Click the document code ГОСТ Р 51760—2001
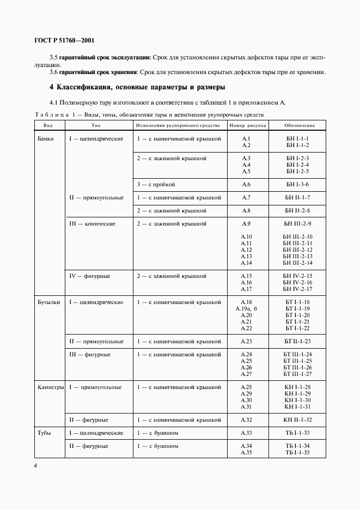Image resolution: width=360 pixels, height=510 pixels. tap(65, 40)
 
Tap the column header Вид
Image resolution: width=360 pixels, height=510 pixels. tap(44, 125)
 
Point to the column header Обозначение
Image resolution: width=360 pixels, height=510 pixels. tap(299, 125)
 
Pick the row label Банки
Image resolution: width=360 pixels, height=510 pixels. tap(46, 138)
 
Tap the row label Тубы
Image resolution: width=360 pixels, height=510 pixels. tap(45, 433)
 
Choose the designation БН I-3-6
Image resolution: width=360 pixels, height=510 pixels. tap(297, 185)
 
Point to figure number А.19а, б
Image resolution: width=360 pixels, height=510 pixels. tap(246, 308)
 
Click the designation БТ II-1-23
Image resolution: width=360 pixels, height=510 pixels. tap(297, 341)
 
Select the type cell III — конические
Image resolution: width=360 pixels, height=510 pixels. tap(92, 223)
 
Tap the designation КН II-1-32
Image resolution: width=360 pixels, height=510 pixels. tap(297, 420)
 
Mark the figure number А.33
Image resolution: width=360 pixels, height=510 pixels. tap(246, 433)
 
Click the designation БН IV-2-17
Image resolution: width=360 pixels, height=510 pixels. tap(297, 289)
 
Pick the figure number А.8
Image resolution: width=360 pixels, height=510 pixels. tap(246, 210)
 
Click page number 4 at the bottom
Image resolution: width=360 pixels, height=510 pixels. tap(35, 466)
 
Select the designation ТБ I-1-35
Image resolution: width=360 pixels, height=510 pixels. tap(297, 452)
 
